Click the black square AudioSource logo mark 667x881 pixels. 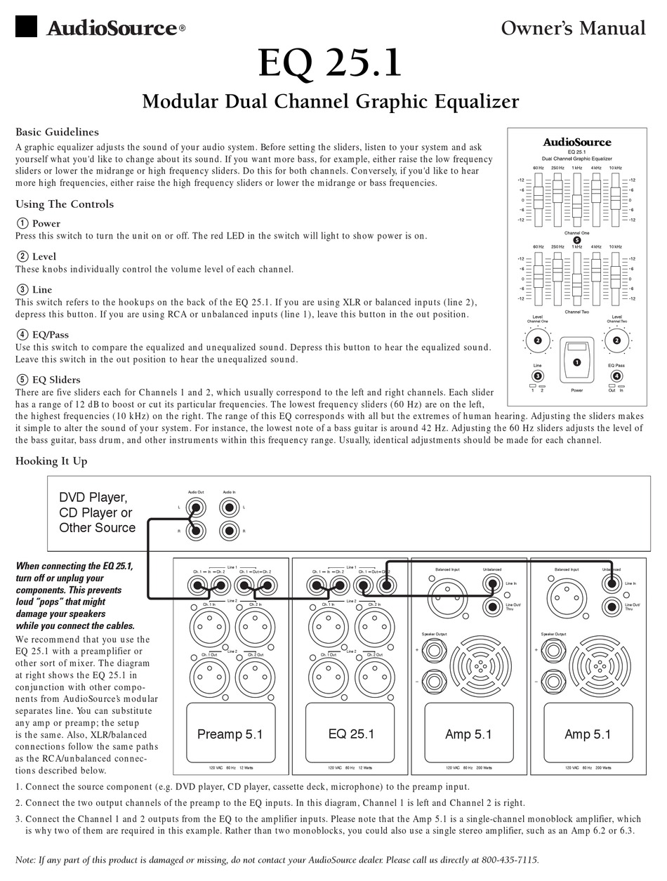pyautogui.click(x=26, y=26)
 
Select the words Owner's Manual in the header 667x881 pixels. pyautogui.click(x=573, y=27)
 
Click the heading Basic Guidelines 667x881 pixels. pyautogui.click(x=57, y=132)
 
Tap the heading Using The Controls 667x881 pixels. pyautogui.click(x=65, y=204)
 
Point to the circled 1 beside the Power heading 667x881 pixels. pyautogui.click(x=22, y=223)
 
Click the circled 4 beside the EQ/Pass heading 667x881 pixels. pyautogui.click(x=22, y=334)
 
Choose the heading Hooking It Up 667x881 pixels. pyautogui.click(x=51, y=461)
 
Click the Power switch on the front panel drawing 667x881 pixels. pyautogui.click(x=576, y=362)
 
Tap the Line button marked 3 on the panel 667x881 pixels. pyautogui.click(x=537, y=376)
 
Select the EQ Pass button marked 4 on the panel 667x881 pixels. pyautogui.click(x=616, y=376)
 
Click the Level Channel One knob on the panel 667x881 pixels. pyautogui.click(x=537, y=341)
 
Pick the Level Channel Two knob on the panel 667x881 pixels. pyautogui.click(x=616, y=341)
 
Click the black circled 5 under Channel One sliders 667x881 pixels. pyautogui.click(x=576, y=239)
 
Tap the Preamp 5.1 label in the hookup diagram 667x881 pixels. pyautogui.click(x=230, y=734)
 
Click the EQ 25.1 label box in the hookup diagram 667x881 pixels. pyautogui.click(x=351, y=734)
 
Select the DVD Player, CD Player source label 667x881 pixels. pyautogui.click(x=97, y=512)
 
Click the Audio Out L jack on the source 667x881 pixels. pyautogui.click(x=197, y=506)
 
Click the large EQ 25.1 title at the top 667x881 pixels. pyautogui.click(x=330, y=63)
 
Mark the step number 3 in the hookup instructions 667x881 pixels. pyautogui.click(x=19, y=819)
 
